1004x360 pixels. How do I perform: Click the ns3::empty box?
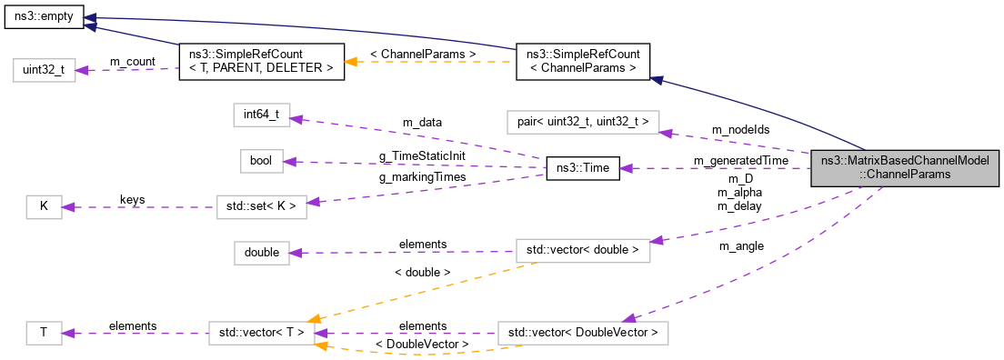tap(43, 17)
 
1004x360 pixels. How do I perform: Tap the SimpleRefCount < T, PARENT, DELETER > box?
tap(261, 62)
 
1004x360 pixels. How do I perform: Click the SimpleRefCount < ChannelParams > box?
tap(582, 62)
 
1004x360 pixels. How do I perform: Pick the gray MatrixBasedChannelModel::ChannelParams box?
tap(906, 168)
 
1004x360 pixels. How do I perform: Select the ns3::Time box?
tap(582, 168)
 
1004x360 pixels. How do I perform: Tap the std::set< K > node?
tap(261, 206)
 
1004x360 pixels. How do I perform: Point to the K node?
tap(43, 206)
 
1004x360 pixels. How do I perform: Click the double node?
tap(261, 252)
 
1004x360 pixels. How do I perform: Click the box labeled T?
tap(43, 334)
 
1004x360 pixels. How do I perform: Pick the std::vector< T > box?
tap(261, 334)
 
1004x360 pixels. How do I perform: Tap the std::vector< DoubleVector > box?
tap(582, 334)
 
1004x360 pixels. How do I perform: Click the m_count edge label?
tap(133, 61)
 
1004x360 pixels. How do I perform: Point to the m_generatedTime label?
tap(740, 160)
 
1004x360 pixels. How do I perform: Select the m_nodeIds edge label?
tap(740, 130)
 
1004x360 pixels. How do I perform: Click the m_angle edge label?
tap(740, 245)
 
